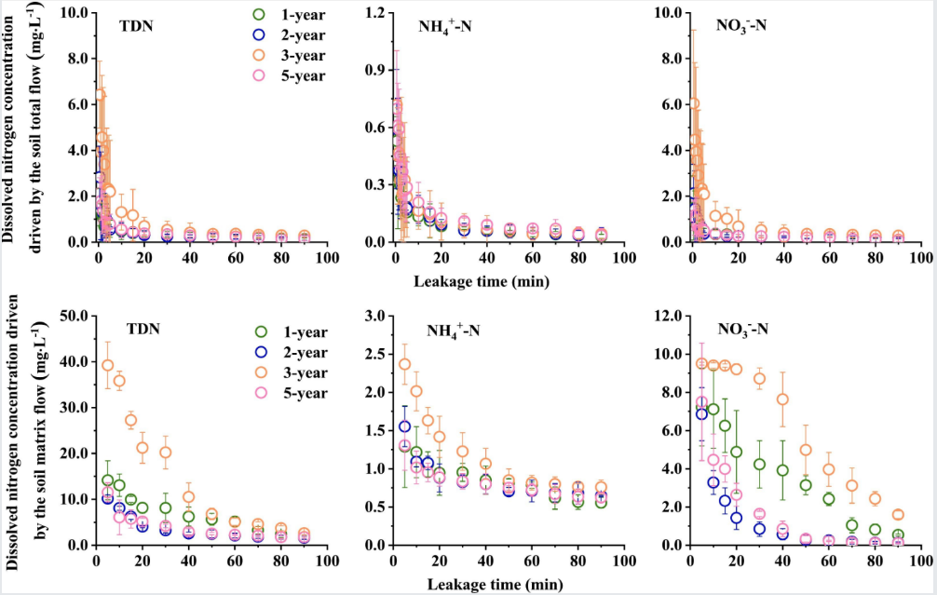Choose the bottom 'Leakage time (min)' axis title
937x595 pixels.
490,584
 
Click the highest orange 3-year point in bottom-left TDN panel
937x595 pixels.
108,365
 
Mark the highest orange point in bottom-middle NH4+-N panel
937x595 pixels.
405,364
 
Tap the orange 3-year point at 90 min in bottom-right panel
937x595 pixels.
898,514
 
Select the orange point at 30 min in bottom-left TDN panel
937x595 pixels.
165,453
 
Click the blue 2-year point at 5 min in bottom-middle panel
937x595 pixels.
405,426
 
